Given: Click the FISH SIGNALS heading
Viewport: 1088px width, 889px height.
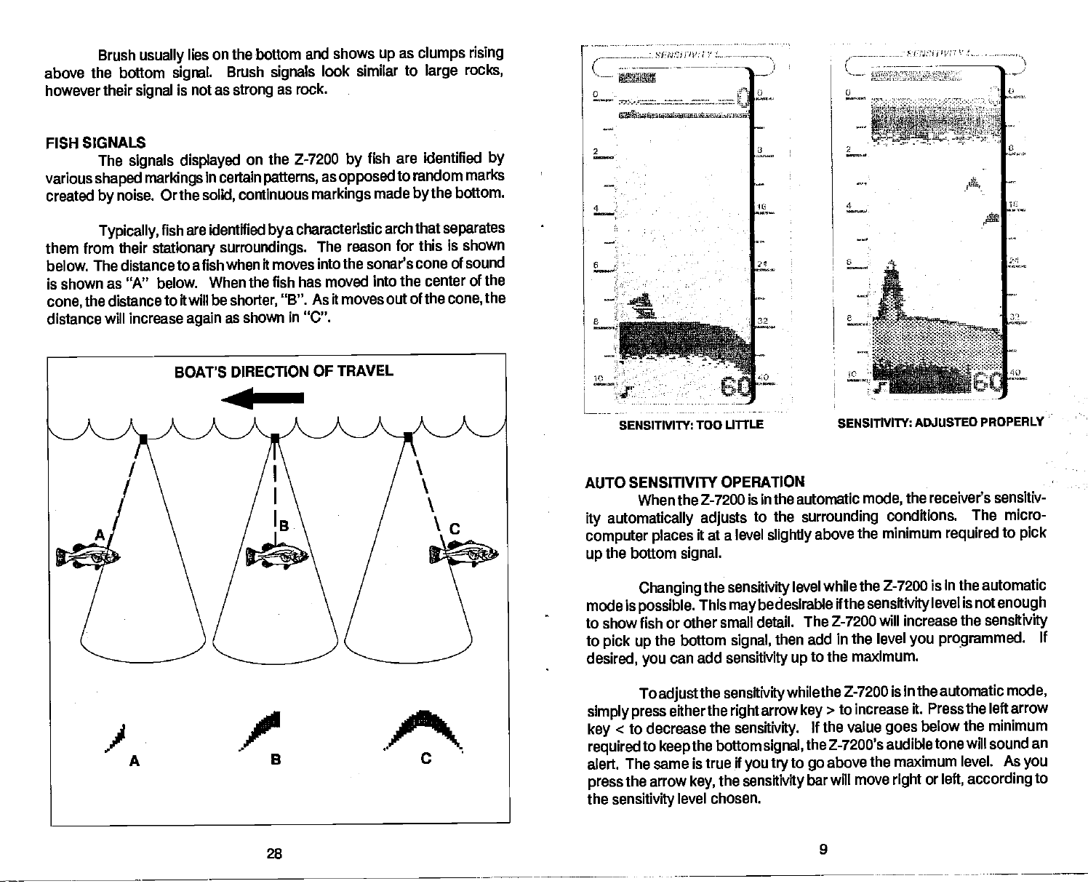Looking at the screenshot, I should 95,142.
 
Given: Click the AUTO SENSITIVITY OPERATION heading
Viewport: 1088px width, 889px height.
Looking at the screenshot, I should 695,482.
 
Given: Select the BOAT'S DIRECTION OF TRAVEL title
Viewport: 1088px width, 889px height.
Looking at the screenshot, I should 284,371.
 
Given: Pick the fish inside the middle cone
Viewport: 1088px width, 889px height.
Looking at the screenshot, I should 277,556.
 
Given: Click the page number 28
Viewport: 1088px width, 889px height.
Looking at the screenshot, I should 273,853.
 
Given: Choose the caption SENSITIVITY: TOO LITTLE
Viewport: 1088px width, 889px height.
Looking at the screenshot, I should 690,424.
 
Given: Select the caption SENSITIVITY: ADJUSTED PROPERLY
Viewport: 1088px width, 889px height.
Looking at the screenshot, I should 940,423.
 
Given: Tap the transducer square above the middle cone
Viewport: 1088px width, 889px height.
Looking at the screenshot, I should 275,438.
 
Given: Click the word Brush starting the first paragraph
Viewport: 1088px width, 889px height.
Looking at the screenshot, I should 115,55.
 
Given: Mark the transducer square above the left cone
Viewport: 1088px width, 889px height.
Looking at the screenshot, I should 144,438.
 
